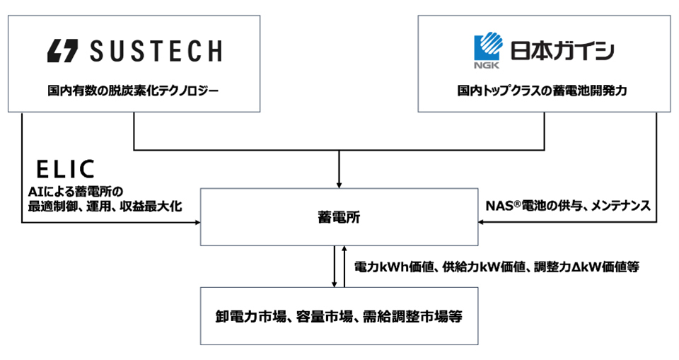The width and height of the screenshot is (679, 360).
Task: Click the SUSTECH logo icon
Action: pyautogui.click(x=62, y=51)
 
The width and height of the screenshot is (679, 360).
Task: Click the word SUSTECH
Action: pyautogui.click(x=156, y=51)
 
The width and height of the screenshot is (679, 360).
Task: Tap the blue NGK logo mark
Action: pyautogui.click(x=489, y=45)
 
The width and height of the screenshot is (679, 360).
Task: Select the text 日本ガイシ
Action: pyautogui.click(x=562, y=50)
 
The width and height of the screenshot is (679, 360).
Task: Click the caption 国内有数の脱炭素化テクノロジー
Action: pyautogui.click(x=134, y=91)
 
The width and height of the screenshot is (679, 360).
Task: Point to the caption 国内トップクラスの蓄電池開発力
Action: pyautogui.click(x=542, y=91)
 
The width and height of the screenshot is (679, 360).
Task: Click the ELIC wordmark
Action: pyautogui.click(x=65, y=169)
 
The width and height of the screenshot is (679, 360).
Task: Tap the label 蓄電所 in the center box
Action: pyautogui.click(x=339, y=217)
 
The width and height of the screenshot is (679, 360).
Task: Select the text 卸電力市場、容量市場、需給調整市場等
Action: pyautogui.click(x=339, y=317)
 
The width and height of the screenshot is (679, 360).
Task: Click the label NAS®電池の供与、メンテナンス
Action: pyautogui.click(x=568, y=205)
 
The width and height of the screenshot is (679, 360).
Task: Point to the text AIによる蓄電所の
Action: pyautogui.click(x=76, y=192)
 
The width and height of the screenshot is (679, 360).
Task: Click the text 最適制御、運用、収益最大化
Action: pyautogui.click(x=105, y=207)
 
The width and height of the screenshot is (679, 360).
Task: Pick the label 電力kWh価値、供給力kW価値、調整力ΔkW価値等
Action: pyautogui.click(x=497, y=267)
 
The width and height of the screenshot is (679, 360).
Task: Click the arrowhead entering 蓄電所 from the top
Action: pyautogui.click(x=339, y=185)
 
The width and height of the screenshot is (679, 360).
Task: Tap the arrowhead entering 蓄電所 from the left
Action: pyautogui.click(x=197, y=223)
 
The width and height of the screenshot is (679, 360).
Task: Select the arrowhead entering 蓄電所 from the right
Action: pyautogui.click(x=482, y=222)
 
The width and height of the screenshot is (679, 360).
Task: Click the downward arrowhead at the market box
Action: pyautogui.click(x=335, y=284)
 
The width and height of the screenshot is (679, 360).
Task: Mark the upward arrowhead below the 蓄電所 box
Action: pyautogui.click(x=344, y=249)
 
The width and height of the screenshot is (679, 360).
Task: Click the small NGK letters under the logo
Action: pyautogui.click(x=487, y=65)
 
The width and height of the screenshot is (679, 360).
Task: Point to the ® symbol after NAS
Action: pyautogui.click(x=517, y=203)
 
